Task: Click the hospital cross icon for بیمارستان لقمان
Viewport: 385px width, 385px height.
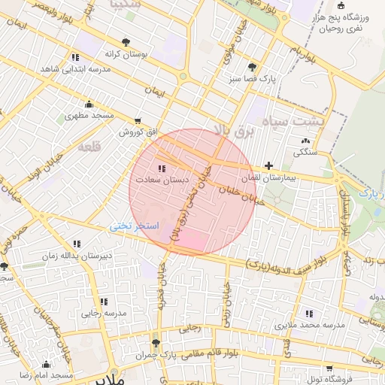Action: tap(268, 165)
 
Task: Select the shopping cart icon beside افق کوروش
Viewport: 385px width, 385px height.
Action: tap(137, 120)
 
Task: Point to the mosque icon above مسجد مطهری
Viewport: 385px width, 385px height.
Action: tap(89, 105)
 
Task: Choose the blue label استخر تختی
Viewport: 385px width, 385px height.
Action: tap(133, 226)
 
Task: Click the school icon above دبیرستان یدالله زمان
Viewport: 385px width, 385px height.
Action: tap(77, 244)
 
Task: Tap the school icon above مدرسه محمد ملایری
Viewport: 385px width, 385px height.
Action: tap(308, 314)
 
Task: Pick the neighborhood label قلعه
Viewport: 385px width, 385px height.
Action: tap(89, 147)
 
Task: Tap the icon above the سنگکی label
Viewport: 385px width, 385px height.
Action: tap(305, 141)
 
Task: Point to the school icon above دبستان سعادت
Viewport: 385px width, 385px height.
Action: tap(162, 168)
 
